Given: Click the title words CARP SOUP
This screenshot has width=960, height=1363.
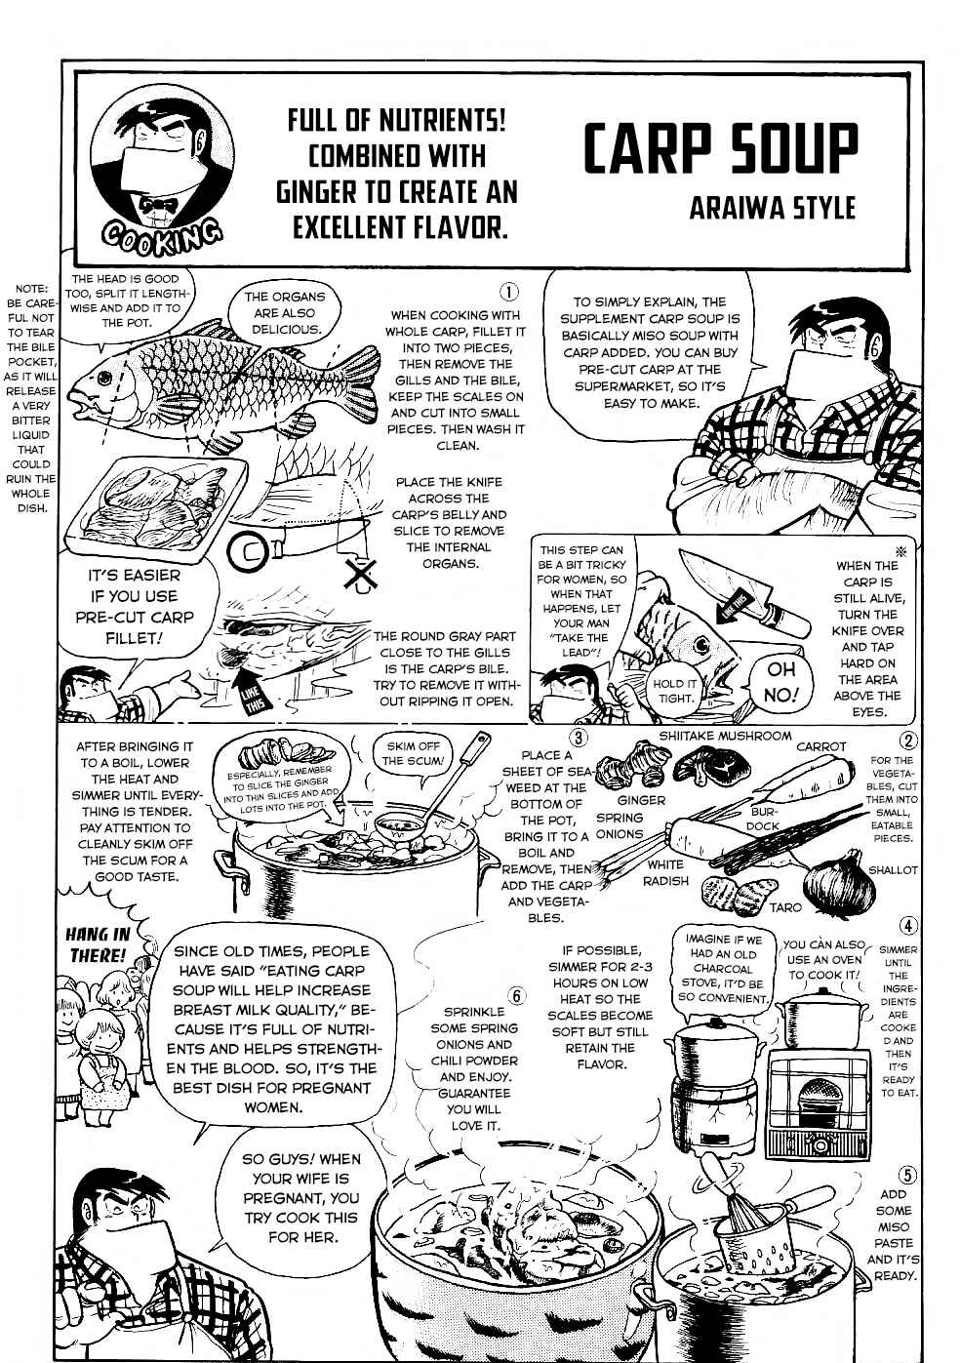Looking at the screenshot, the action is coord(720,149).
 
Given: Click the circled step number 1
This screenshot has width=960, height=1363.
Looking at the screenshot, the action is coord(508,292).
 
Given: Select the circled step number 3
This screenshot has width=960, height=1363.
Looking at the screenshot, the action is coord(578,739).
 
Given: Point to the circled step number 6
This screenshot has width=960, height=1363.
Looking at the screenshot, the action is coord(516,995).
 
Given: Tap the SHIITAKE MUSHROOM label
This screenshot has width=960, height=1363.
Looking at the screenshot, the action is coord(725,736).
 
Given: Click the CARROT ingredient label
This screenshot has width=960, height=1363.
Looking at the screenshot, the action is coord(820,746).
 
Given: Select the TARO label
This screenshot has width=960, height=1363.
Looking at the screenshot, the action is coord(785,907).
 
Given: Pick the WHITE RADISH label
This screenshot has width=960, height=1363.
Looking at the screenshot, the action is coord(665,872).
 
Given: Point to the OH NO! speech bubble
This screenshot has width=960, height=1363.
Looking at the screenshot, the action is coord(780,681).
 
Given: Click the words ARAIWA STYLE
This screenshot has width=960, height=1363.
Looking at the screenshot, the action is coord(772,208).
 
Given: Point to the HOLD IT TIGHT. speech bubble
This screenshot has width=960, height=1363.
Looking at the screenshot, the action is coord(674,691).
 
